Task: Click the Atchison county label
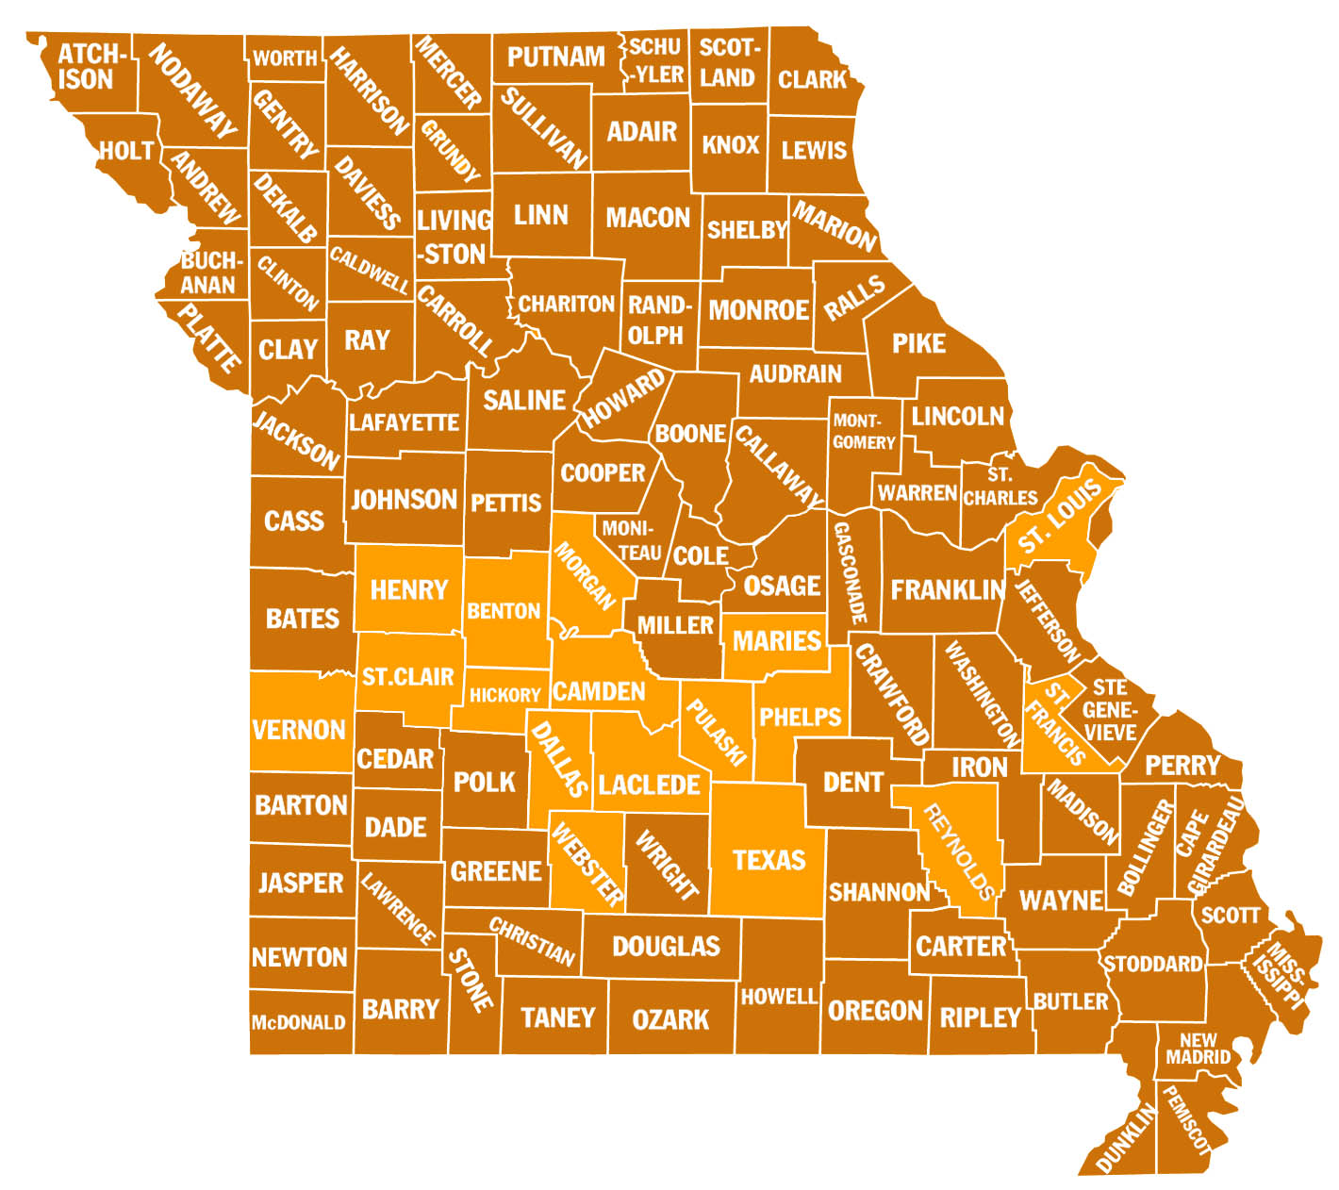[x=87, y=67]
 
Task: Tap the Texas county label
[x=769, y=860]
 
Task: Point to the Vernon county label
[x=298, y=729]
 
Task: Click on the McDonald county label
[x=298, y=1022]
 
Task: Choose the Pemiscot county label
[x=1185, y=1120]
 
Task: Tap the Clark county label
[x=812, y=79]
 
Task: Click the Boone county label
[x=690, y=434]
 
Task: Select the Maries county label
[x=776, y=641]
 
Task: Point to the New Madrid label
[x=1198, y=1050]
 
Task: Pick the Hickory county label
[x=504, y=696]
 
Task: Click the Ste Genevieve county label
[x=1110, y=709]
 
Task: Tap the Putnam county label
[x=555, y=57]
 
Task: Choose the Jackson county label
[x=297, y=439]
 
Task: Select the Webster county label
[x=587, y=865]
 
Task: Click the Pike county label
[x=918, y=343]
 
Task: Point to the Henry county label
[x=408, y=590]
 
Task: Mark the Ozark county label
[x=670, y=1019]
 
